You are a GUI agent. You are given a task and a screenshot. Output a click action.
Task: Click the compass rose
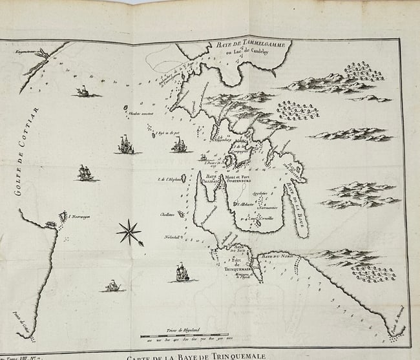pos(130,231)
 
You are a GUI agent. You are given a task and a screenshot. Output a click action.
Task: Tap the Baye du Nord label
pos(276,257)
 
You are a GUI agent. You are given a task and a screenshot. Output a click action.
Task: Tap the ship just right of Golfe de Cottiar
pos(85,173)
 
